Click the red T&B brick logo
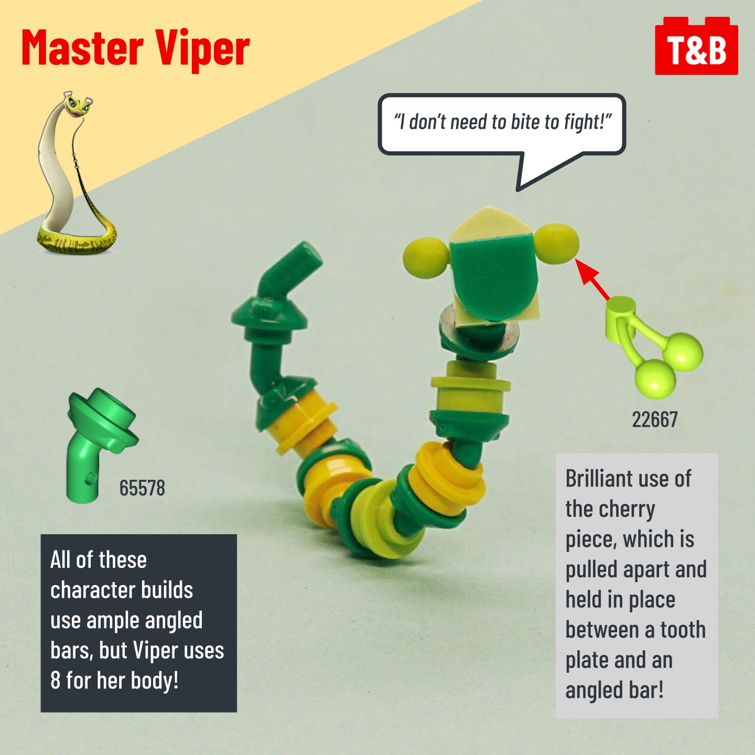pyautogui.click(x=696, y=46)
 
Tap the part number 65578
pyautogui.click(x=142, y=488)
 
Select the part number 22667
pyautogui.click(x=655, y=419)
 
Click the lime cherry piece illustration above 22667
pyautogui.click(x=654, y=346)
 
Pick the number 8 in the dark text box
pyautogui.click(x=55, y=680)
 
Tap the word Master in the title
pyautogui.click(x=83, y=48)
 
